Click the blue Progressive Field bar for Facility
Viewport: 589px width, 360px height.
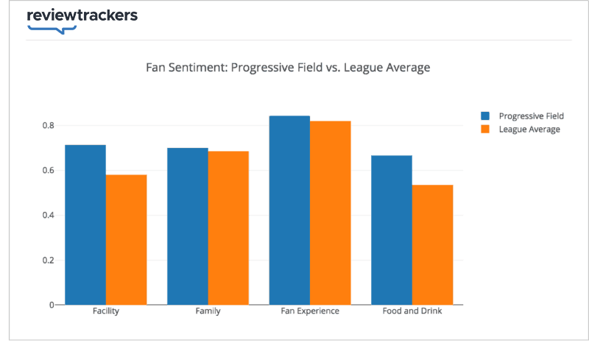click(85, 225)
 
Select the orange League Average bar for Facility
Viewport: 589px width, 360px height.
click(126, 239)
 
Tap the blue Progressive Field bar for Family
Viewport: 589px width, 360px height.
click(188, 226)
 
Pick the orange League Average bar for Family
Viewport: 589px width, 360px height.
click(228, 227)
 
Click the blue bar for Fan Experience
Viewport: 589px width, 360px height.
click(289, 210)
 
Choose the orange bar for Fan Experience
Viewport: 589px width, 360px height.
click(330, 213)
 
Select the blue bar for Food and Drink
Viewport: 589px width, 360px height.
click(392, 230)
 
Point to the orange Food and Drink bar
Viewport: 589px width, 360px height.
click(432, 244)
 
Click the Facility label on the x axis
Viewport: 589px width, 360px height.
click(106, 311)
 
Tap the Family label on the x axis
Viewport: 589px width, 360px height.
click(208, 311)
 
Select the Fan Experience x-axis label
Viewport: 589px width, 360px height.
click(310, 311)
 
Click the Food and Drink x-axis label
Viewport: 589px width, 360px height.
click(412, 311)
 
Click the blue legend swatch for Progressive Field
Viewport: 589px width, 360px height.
click(485, 116)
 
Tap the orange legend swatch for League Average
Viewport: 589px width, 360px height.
click(485, 130)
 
